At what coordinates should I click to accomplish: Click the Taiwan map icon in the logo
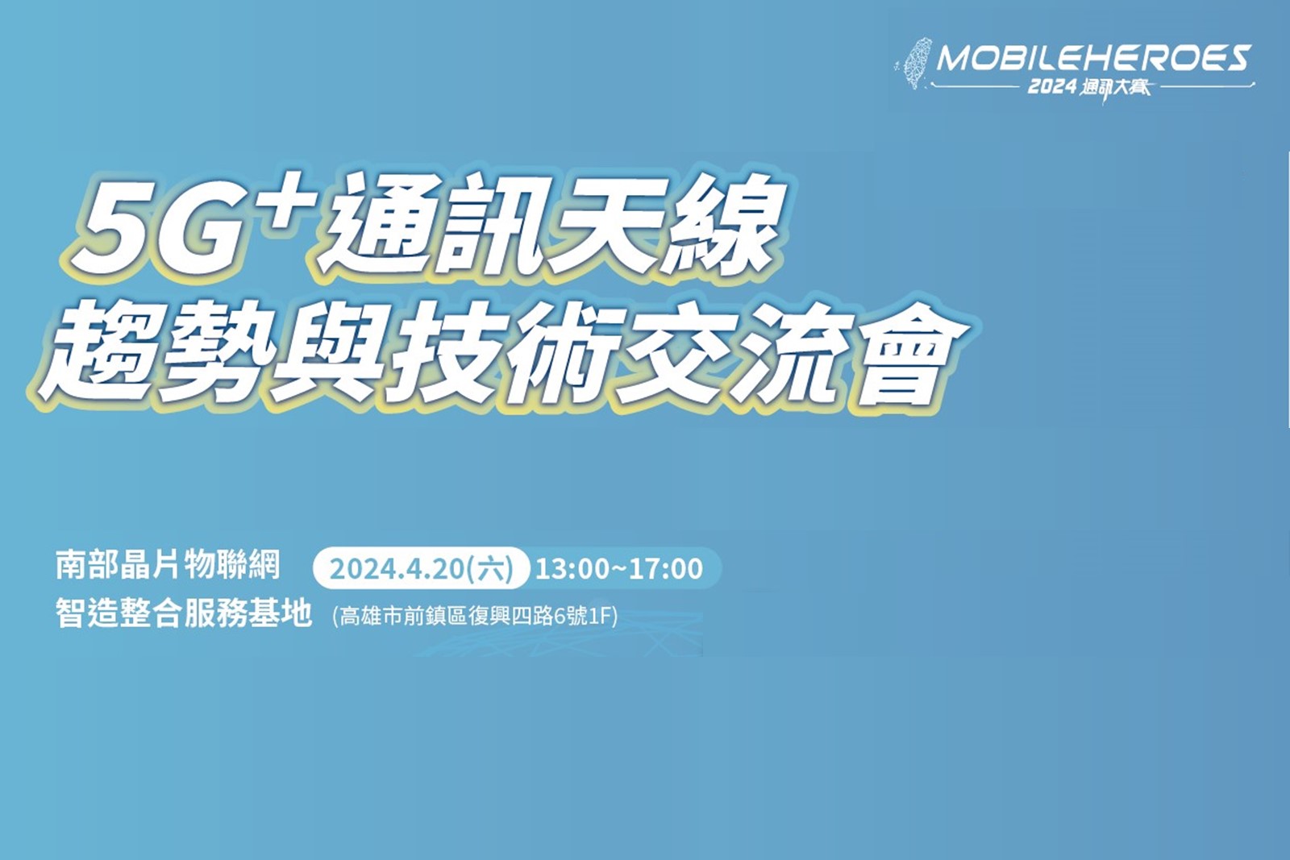point(916,64)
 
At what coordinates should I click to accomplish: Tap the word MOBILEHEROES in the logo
point(1094,58)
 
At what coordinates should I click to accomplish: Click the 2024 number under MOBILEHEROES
point(1052,87)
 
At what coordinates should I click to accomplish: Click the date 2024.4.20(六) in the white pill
point(421,569)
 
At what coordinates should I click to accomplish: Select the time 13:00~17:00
point(619,569)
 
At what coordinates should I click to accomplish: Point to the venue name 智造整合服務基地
point(184,613)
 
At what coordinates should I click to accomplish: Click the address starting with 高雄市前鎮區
point(475,617)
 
